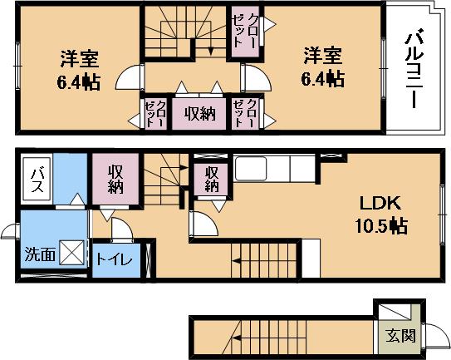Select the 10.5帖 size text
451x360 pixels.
pyautogui.click(x=381, y=225)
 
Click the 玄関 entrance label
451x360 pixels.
pyautogui.click(x=400, y=336)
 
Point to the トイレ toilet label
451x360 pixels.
pyautogui.click(x=114, y=259)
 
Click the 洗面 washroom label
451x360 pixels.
pyautogui.click(x=40, y=254)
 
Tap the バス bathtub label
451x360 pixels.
pyautogui.click(x=37, y=180)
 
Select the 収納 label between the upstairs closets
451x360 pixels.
pyautogui.click(x=200, y=115)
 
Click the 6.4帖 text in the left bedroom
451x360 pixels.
pyautogui.click(x=79, y=82)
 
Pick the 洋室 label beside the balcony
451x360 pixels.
pyautogui.click(x=323, y=56)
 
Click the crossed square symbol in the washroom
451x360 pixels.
pyautogui.click(x=72, y=253)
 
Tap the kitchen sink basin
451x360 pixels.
pyautogui.click(x=251, y=169)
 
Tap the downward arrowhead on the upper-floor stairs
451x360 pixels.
pyautogui.click(x=211, y=52)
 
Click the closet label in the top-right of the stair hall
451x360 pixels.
pyautogui.click(x=244, y=30)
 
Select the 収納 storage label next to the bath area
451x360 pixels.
pyautogui.click(x=115, y=180)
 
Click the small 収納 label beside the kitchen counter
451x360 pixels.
pyautogui.click(x=213, y=180)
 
